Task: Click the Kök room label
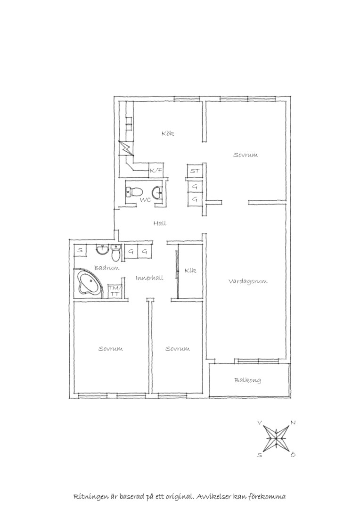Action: (x=168, y=133)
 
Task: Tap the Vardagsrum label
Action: (x=248, y=281)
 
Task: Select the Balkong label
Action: (x=248, y=380)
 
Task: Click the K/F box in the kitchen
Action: (x=156, y=170)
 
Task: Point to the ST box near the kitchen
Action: (x=195, y=171)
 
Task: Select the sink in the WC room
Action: (x=157, y=193)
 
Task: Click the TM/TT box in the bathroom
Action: (x=115, y=291)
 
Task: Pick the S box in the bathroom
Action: (x=80, y=251)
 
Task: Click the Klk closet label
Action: (x=190, y=271)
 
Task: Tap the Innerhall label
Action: (x=149, y=278)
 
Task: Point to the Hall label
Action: (x=160, y=223)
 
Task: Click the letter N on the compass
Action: (x=293, y=423)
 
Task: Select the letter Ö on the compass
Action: (x=293, y=455)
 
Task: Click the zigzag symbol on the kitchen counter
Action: (x=126, y=150)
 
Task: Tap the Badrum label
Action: (x=106, y=268)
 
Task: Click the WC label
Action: (x=146, y=200)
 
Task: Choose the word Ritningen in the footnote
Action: (x=90, y=497)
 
